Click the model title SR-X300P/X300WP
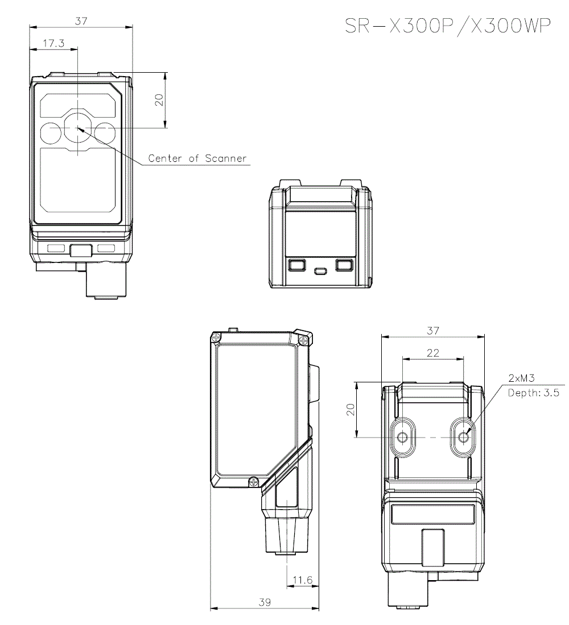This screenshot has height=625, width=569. [x=448, y=27]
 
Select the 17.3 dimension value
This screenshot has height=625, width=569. [x=53, y=43]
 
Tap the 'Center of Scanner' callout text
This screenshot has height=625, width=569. [x=197, y=159]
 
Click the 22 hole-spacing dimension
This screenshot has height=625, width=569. [x=432, y=353]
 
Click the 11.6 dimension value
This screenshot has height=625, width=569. [x=302, y=580]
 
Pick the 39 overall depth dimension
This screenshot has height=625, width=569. [x=265, y=602]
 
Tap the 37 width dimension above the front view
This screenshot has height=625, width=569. [x=81, y=21]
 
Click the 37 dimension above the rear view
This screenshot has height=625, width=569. [x=432, y=331]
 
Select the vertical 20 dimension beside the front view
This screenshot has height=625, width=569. [x=160, y=100]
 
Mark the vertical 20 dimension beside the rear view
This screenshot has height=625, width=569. [x=351, y=410]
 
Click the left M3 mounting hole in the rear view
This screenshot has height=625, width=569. [x=403, y=438]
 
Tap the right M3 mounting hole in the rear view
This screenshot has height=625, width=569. [x=464, y=438]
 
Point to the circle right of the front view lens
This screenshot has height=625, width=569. [x=105, y=132]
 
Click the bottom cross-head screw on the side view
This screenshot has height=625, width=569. [x=253, y=482]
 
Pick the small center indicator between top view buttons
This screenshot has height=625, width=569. [x=320, y=270]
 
